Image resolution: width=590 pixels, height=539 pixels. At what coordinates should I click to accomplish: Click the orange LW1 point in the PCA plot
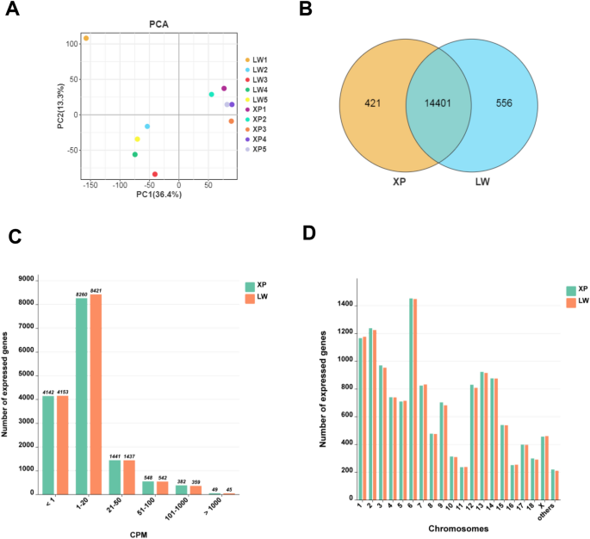click(86, 39)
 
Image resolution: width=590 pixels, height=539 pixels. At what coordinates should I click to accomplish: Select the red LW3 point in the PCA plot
click(155, 174)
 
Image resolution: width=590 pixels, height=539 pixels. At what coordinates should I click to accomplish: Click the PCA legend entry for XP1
click(258, 109)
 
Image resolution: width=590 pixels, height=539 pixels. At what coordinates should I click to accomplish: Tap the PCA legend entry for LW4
click(258, 89)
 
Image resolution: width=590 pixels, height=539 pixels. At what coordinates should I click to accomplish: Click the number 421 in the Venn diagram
click(371, 104)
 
